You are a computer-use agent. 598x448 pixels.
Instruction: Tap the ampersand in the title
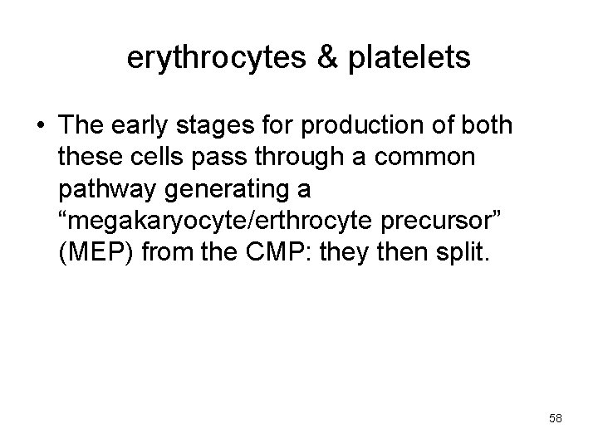[x=326, y=57]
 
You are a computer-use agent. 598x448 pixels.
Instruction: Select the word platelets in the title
[x=408, y=57]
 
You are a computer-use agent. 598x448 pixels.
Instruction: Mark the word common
[x=435, y=158]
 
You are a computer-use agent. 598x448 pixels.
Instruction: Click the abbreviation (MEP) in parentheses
[x=96, y=253]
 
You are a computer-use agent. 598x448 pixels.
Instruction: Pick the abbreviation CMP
[x=287, y=253]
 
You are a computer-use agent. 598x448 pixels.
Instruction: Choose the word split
[x=464, y=253]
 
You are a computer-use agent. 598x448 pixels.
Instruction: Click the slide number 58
[x=556, y=419]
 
